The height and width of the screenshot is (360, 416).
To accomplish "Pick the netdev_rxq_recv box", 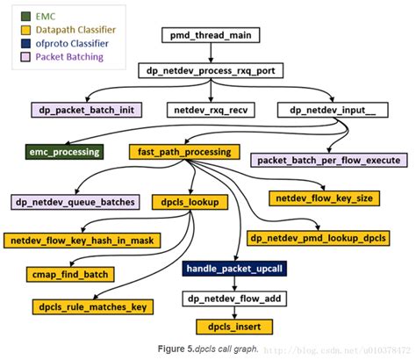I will (212, 111).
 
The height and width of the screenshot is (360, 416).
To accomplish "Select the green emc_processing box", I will (65, 152).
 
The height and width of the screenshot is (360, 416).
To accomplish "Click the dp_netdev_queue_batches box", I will (75, 202).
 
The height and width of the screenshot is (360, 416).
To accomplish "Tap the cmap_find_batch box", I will (72, 274).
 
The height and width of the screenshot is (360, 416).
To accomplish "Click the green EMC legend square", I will (20, 15).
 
